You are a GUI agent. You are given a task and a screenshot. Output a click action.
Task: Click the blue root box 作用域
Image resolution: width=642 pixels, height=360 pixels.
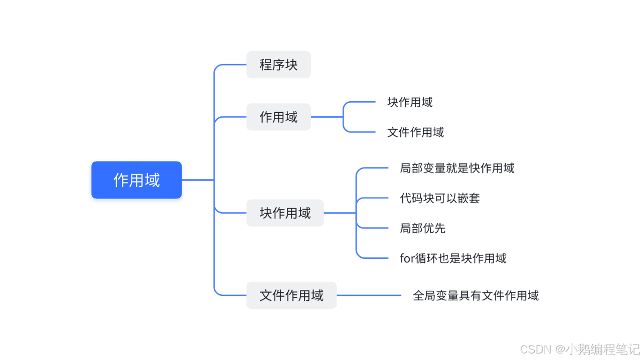point(136,180)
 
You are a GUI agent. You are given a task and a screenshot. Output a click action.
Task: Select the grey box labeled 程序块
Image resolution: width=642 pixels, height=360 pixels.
point(278,65)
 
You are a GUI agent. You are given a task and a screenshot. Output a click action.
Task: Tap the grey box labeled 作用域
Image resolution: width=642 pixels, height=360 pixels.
point(278,117)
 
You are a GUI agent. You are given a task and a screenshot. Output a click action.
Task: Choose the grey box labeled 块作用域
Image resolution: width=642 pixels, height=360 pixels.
point(285,213)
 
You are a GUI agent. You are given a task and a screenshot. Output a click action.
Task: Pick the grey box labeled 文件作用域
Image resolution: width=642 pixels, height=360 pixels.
point(291,295)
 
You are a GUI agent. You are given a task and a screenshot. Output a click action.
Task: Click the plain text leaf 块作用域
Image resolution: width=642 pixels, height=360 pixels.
point(410,102)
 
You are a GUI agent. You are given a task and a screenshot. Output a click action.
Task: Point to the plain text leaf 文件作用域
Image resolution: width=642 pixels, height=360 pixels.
point(415,132)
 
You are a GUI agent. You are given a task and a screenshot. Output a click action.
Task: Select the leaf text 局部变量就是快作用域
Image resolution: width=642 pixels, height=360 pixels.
point(457,168)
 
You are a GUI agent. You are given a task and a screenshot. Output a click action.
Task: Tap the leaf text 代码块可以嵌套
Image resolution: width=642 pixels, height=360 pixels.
point(440,198)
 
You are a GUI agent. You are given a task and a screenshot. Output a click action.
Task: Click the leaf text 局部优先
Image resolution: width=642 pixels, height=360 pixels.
point(423,228)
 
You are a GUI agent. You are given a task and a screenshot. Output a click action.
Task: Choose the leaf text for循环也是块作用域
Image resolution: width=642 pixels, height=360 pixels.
point(453,258)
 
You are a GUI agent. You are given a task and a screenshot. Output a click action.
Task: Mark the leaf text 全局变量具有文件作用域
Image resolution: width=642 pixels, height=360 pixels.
point(475,295)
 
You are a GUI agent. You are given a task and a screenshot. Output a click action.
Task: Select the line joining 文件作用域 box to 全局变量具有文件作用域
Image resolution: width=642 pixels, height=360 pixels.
point(369,295)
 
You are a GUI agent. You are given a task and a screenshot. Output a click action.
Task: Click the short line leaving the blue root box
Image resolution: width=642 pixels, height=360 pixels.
point(198,179)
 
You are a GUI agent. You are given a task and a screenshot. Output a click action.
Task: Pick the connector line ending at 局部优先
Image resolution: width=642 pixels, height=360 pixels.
point(374,228)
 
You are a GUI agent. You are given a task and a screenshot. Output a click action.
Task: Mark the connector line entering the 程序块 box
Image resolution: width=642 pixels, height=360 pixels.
point(231,65)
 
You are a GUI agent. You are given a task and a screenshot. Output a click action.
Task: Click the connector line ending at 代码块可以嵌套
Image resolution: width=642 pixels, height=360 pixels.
point(374,198)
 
